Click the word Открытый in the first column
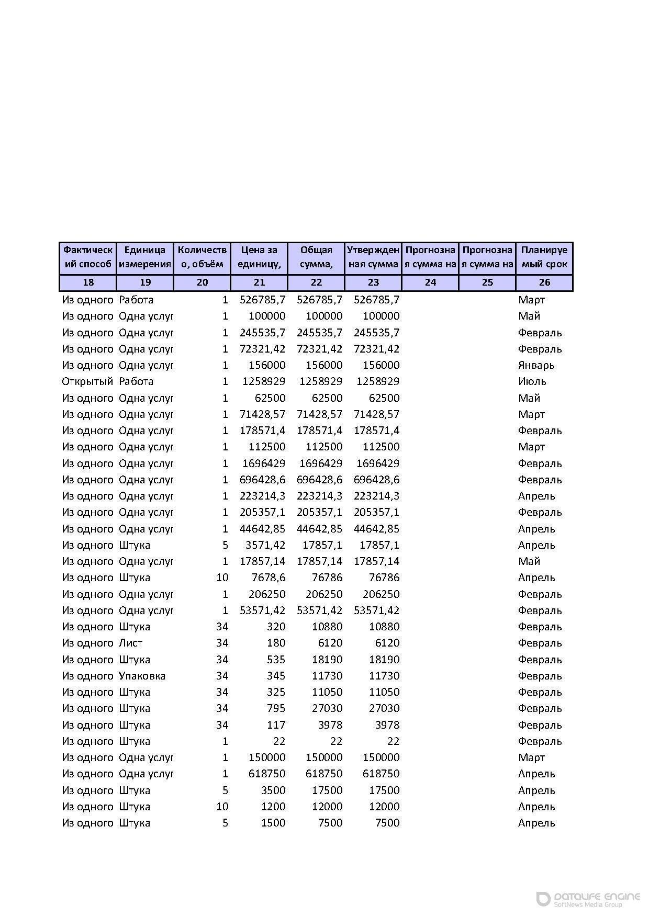click(x=87, y=381)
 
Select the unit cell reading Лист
click(x=130, y=643)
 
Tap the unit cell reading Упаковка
click(x=142, y=676)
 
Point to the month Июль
click(x=532, y=381)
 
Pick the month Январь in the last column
click(x=536, y=365)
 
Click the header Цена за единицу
click(x=259, y=257)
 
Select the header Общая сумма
click(x=316, y=257)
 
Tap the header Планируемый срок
click(x=544, y=257)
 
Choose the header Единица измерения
click(x=145, y=257)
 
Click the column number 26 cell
click(x=544, y=282)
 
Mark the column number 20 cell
click(x=202, y=282)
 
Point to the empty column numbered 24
click(x=430, y=282)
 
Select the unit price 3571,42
click(x=265, y=545)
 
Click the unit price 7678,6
click(x=268, y=578)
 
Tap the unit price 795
click(x=276, y=708)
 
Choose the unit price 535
click(x=276, y=660)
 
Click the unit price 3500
click(x=273, y=790)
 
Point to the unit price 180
click(x=276, y=643)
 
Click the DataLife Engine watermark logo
click(x=588, y=899)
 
